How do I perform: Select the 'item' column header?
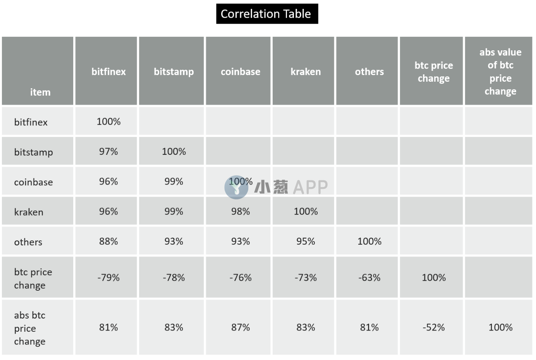(x=40, y=92)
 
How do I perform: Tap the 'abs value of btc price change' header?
(x=500, y=72)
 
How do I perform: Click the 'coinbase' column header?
(x=241, y=72)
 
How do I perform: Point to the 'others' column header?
(x=369, y=72)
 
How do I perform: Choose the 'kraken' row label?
(x=29, y=212)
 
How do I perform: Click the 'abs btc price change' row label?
(x=30, y=328)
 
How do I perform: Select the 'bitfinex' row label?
(x=31, y=122)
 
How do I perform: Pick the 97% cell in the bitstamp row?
(x=108, y=151)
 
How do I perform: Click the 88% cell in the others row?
(x=108, y=242)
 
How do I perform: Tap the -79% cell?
(x=108, y=278)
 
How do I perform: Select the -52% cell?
(x=434, y=327)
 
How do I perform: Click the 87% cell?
(x=241, y=327)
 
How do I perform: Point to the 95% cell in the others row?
(x=306, y=242)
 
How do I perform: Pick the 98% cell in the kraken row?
(x=241, y=211)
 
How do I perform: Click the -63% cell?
(x=369, y=278)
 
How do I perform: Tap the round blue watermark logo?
(x=236, y=187)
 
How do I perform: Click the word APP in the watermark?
(x=310, y=187)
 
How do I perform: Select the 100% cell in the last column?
(x=500, y=327)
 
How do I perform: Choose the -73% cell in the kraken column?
(x=306, y=278)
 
